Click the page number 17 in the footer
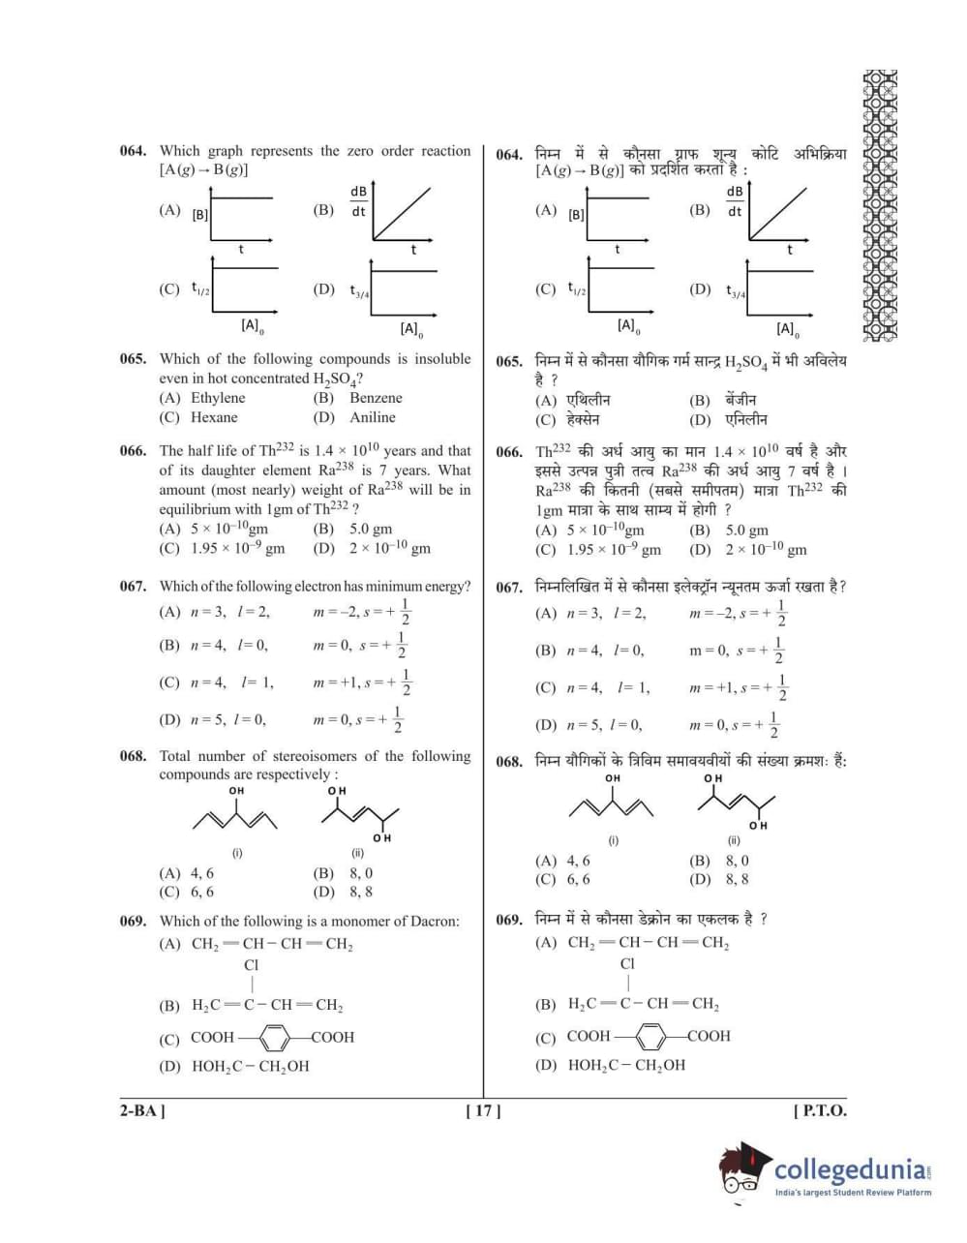[483, 1110]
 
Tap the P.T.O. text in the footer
[820, 1110]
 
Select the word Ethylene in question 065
[218, 398]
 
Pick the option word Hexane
[214, 417]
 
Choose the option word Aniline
[373, 417]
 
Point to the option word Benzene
[376, 398]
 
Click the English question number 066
[133, 450]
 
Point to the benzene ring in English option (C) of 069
[274, 1038]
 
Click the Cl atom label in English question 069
[252, 965]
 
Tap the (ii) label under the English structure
[357, 853]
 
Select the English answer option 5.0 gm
[371, 529]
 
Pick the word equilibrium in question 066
[194, 508]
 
